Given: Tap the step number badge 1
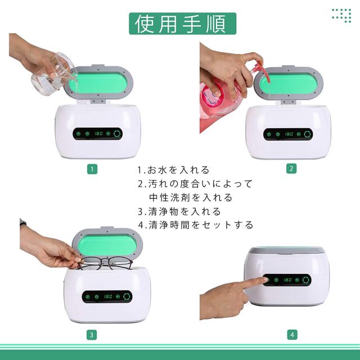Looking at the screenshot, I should [92, 169].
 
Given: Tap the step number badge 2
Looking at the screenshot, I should [291, 169].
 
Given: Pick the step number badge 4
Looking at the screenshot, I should [291, 335].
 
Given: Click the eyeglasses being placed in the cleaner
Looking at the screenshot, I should [103, 263].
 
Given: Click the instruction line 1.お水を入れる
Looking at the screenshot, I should [173, 170].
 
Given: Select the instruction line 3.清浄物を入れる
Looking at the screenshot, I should [179, 211].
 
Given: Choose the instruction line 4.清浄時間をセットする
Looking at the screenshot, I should [195, 225].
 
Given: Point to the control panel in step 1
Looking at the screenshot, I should [97, 134].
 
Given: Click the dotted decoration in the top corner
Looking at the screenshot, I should [341, 16].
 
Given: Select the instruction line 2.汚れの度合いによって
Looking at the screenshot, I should [195, 184].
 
